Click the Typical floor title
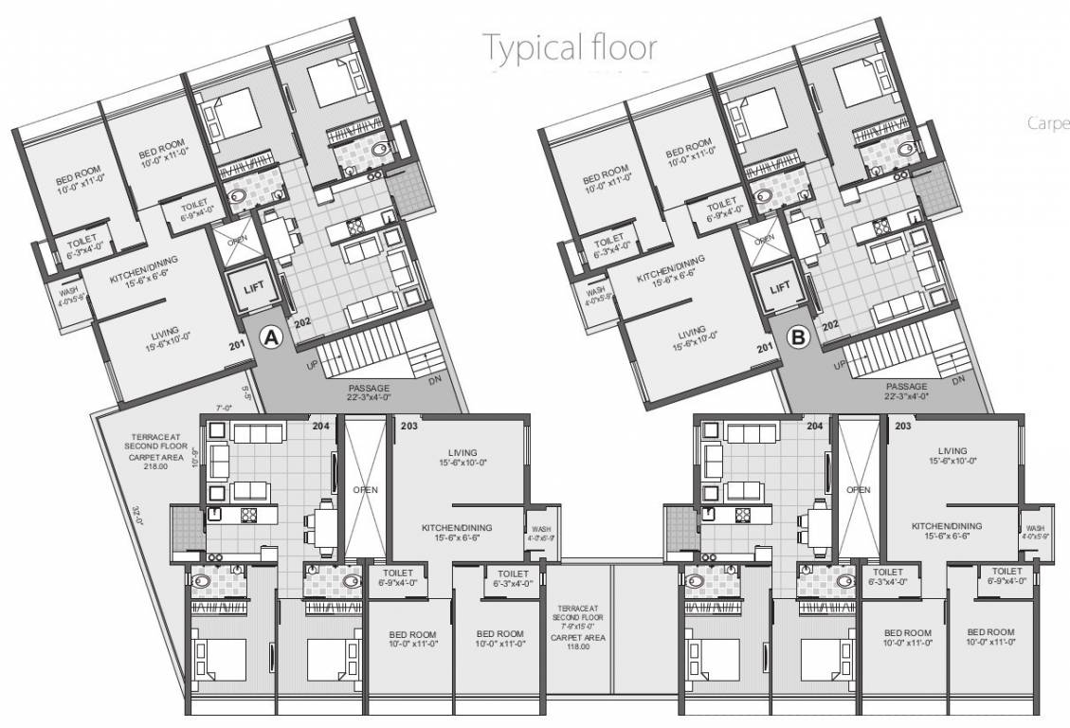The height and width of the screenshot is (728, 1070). coord(569,45)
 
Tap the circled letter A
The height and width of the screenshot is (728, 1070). coord(272,337)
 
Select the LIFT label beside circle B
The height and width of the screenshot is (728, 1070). coord(780,286)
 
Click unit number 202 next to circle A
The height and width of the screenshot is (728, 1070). coord(302,323)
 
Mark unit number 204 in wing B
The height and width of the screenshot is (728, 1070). coord(813,427)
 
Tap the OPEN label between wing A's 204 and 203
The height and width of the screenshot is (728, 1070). coord(366,489)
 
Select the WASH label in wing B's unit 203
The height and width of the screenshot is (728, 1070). coord(1034,528)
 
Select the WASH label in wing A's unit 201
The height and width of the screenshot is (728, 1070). coord(65,293)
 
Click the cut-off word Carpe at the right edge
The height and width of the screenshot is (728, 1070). coord(1047,123)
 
